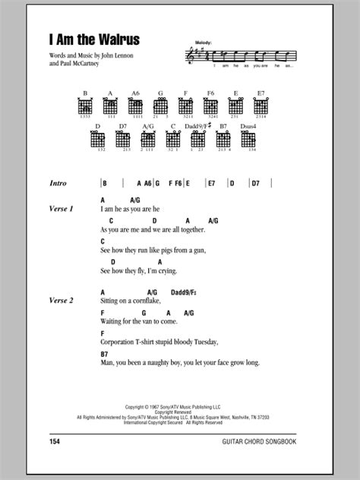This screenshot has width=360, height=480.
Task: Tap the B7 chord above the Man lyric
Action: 104,354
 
